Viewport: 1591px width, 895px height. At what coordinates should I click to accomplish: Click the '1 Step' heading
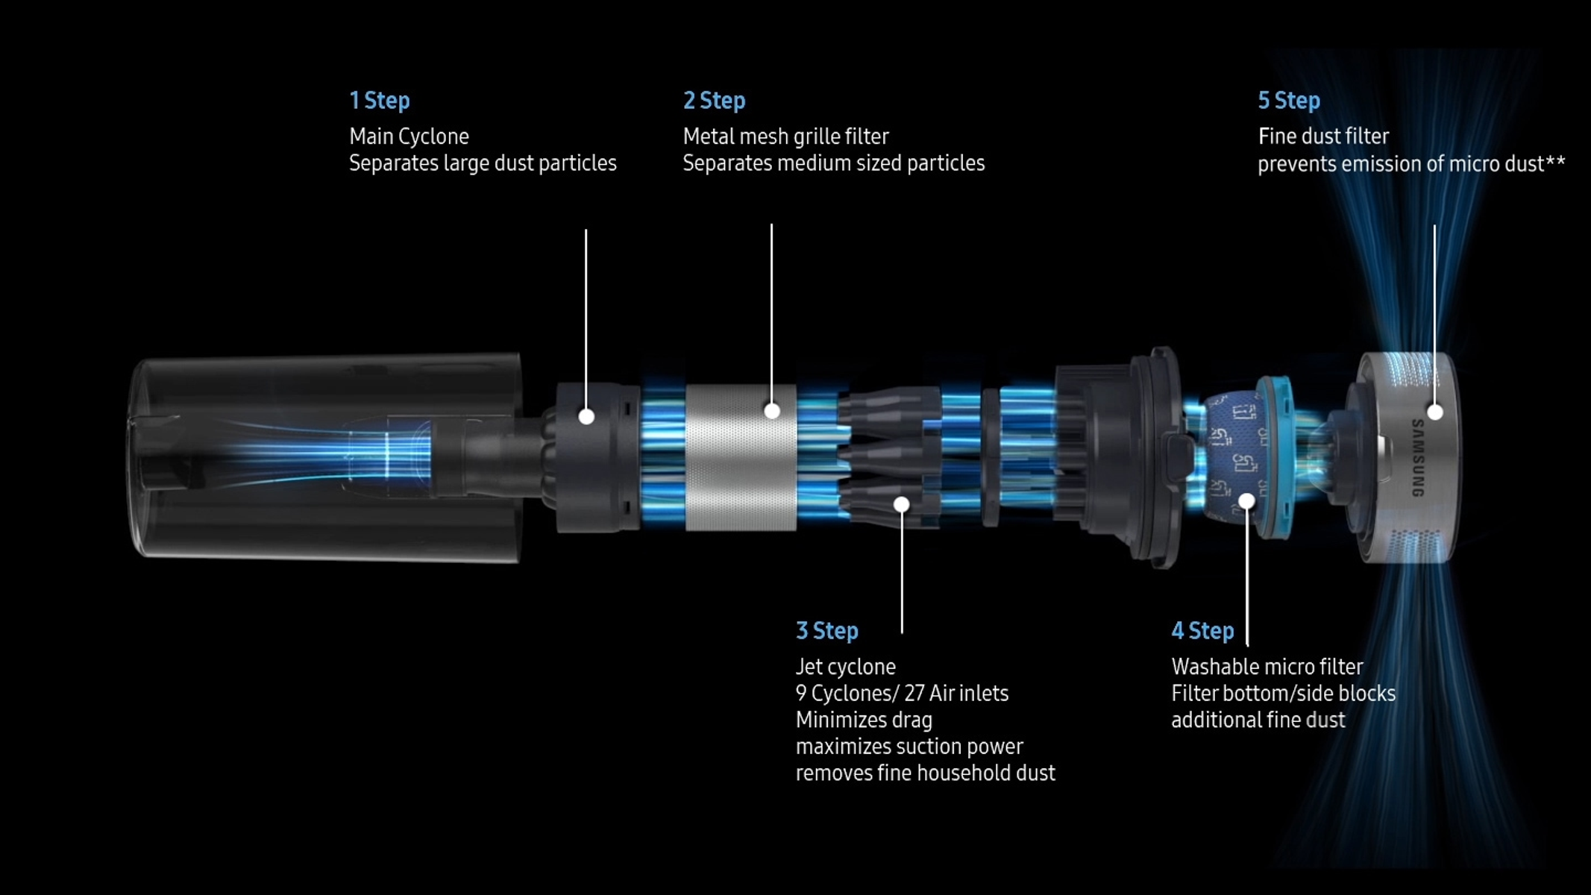click(x=380, y=101)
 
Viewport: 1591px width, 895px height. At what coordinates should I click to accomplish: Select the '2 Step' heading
click(x=714, y=101)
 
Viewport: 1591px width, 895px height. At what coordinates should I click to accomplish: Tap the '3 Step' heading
click(x=826, y=631)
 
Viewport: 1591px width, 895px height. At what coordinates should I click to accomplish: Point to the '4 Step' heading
click(x=1202, y=631)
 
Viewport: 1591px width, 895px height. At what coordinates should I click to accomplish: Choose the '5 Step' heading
click(x=1289, y=101)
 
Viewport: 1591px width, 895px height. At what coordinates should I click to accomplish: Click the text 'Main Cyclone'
click(x=409, y=136)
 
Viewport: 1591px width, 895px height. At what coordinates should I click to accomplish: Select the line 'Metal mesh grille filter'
click(x=785, y=136)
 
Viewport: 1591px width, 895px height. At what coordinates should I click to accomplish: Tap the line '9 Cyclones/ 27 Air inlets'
click(x=902, y=694)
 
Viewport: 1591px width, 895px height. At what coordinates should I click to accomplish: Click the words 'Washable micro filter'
click(x=1267, y=667)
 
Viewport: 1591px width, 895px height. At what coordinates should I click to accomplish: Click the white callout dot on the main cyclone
click(x=586, y=416)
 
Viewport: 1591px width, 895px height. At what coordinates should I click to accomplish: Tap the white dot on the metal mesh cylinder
click(x=772, y=411)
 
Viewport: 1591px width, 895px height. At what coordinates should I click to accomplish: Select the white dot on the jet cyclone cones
click(x=901, y=504)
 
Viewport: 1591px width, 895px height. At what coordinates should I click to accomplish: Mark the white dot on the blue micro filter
click(x=1246, y=501)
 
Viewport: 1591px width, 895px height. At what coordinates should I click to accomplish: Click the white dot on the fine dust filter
click(x=1434, y=412)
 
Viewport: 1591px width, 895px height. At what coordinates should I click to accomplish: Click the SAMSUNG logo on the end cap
click(x=1418, y=458)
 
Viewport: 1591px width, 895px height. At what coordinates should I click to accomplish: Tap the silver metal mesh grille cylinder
click(x=741, y=457)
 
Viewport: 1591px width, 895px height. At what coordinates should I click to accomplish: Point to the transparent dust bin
click(x=326, y=457)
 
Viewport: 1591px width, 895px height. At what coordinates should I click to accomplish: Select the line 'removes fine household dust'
click(x=925, y=773)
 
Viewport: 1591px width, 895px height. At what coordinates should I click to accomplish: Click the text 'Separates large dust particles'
click(x=483, y=163)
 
